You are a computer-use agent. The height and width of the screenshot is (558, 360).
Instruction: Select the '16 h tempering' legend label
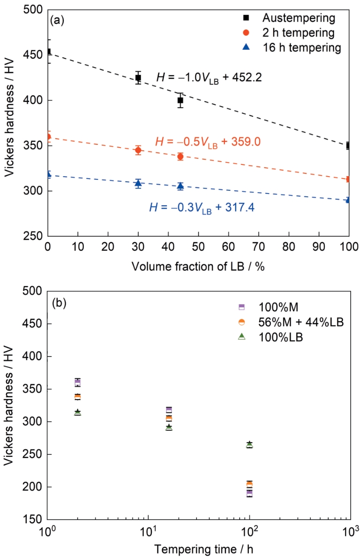(x=301, y=47)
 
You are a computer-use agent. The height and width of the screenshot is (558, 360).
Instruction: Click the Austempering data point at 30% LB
(x=138, y=78)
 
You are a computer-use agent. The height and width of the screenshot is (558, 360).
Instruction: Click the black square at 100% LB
(x=348, y=146)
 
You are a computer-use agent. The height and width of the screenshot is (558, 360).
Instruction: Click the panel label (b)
(x=59, y=302)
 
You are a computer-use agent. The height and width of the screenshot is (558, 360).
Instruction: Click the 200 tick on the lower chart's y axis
(x=36, y=487)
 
